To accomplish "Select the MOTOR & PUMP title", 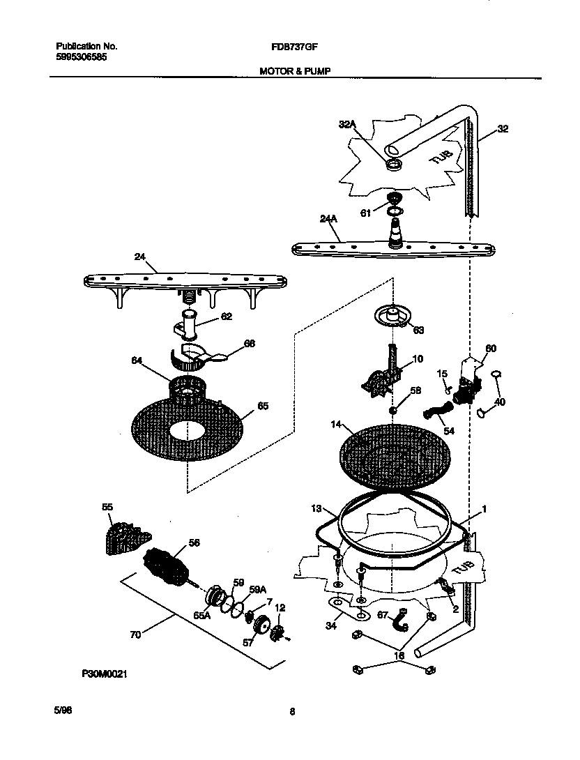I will pos(296,70).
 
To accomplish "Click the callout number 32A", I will pos(347,124).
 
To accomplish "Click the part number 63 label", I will pos(418,330).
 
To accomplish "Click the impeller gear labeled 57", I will pos(264,626).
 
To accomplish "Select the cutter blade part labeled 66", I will pos(200,356).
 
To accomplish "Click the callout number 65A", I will pos(202,616).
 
